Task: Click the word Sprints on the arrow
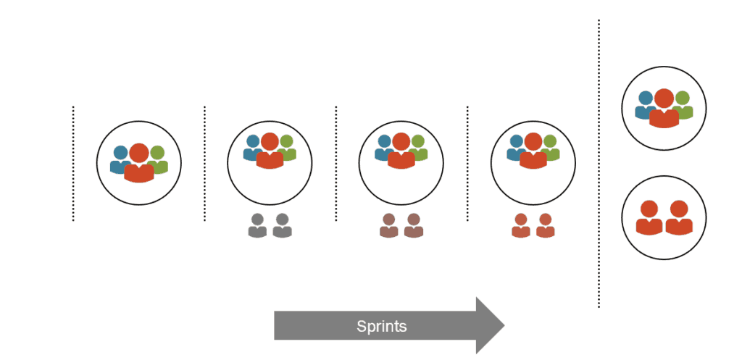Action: tap(381, 326)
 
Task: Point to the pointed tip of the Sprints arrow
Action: tap(502, 325)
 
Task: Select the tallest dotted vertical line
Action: tap(599, 163)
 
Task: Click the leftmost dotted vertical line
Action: tap(73, 163)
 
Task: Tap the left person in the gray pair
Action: tap(257, 226)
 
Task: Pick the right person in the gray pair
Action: tap(282, 226)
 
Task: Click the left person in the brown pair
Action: tap(389, 226)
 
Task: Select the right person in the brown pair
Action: tap(414, 226)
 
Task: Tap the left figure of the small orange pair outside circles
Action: tap(520, 226)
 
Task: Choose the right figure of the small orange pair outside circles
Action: tap(545, 226)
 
